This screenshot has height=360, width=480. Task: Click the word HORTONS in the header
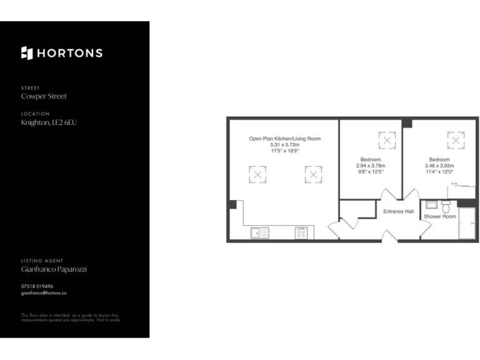pyautogui.click(x=69, y=53)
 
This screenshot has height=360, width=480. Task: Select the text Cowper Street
pyautogui.click(x=44, y=96)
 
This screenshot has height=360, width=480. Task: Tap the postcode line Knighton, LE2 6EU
pyautogui.click(x=49, y=122)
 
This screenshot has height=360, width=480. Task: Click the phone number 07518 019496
pyautogui.click(x=37, y=286)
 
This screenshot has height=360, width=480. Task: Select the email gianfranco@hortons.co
pyautogui.click(x=44, y=292)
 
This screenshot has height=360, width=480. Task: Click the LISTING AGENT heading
pyautogui.click(x=42, y=261)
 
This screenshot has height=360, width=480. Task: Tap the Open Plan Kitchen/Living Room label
pyautogui.click(x=284, y=139)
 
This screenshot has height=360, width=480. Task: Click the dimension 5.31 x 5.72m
pyautogui.click(x=284, y=144)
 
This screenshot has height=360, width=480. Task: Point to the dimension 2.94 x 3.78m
pyautogui.click(x=371, y=165)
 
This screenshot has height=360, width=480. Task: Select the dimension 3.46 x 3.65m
pyautogui.click(x=441, y=165)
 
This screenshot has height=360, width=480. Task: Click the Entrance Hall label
pyautogui.click(x=398, y=211)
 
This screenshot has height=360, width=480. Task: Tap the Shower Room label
pyautogui.click(x=440, y=216)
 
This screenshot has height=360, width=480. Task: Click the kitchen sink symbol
pyautogui.click(x=259, y=232)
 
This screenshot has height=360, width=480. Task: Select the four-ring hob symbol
pyautogui.click(x=301, y=232)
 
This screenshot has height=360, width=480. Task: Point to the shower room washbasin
pyautogui.click(x=431, y=204)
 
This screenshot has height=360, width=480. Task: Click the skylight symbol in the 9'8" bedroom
pyautogui.click(x=387, y=141)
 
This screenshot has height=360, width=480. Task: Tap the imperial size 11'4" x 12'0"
pyautogui.click(x=441, y=171)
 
